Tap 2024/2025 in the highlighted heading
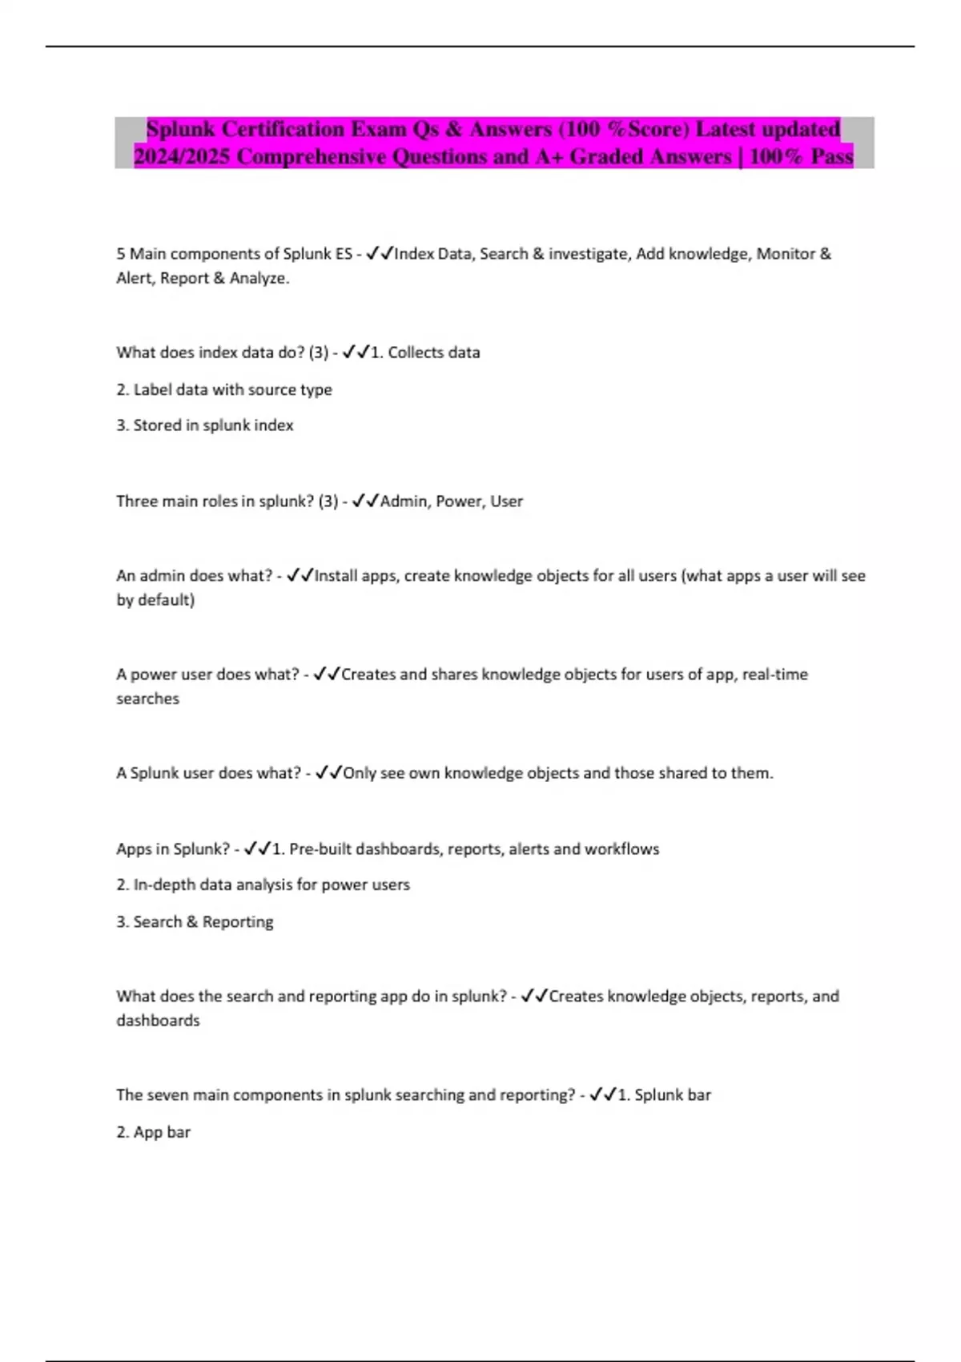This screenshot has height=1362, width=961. click(x=181, y=156)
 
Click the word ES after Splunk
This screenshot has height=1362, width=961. click(x=343, y=254)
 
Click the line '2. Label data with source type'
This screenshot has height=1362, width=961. click(x=224, y=389)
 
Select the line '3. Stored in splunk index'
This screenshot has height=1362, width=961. click(x=205, y=425)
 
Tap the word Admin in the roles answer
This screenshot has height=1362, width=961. click(x=404, y=502)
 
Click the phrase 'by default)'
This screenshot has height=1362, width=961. click(x=155, y=600)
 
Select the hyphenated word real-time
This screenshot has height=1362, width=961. click(x=774, y=675)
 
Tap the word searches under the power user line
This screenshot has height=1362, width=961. click(x=147, y=699)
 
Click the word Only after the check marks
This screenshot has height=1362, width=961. click(x=359, y=773)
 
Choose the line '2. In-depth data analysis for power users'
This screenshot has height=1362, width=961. click(x=263, y=885)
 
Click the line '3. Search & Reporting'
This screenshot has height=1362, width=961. click(x=195, y=922)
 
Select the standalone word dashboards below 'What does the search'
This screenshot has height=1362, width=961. click(x=158, y=1021)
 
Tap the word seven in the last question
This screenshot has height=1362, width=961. click(x=167, y=1095)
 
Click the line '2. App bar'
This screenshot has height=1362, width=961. click(x=153, y=1132)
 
